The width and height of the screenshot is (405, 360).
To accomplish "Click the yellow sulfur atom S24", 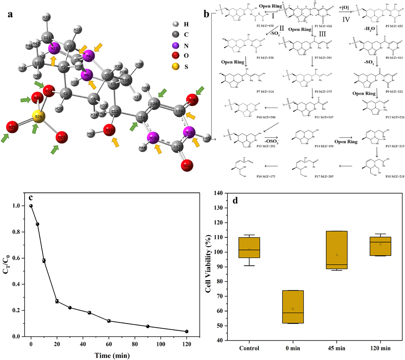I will [38, 117].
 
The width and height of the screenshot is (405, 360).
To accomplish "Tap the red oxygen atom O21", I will [188, 165].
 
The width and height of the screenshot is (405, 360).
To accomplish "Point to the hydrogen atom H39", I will [46, 17].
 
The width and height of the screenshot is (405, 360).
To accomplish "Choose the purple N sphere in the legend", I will [177, 46].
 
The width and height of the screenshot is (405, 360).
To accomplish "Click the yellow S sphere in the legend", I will [177, 66].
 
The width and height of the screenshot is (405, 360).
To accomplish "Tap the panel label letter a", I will [11, 14].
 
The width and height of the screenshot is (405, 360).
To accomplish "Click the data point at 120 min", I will [187, 331].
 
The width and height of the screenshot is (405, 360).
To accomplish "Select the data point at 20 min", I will [57, 301].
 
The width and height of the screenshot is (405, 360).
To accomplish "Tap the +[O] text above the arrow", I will [344, 7].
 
